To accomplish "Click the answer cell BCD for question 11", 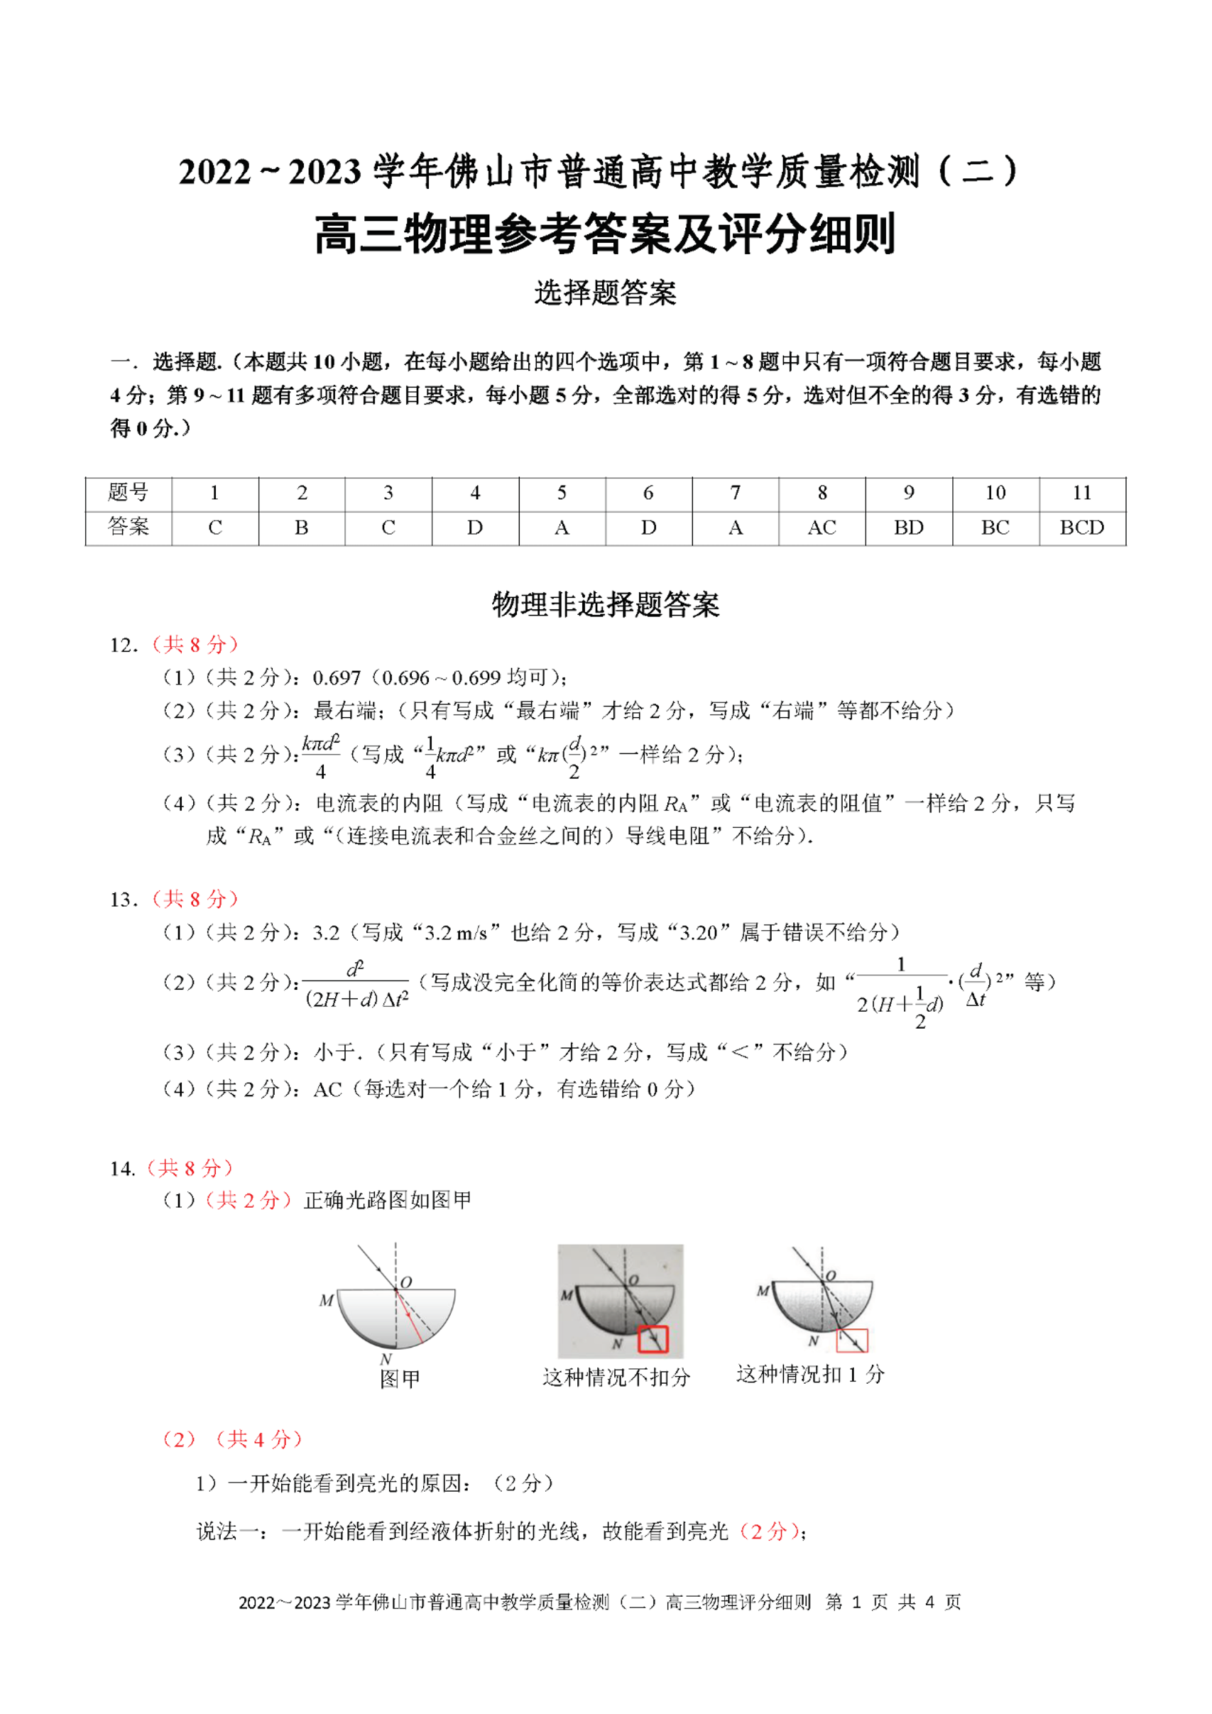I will tap(1081, 528).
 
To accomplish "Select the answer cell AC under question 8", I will tap(821, 528).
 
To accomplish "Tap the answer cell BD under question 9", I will tap(908, 528).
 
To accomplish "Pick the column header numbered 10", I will tap(995, 493).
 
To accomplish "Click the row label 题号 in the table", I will tap(129, 493).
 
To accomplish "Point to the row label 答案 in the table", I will tap(129, 527).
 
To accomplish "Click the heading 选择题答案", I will tap(605, 293).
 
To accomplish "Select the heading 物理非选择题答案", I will tap(605, 605).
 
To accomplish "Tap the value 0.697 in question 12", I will tap(337, 678).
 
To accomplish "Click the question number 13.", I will tap(123, 900).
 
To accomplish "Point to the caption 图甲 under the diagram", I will tap(400, 1379).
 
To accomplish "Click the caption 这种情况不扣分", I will tap(616, 1377).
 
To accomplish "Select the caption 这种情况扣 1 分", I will tap(811, 1375).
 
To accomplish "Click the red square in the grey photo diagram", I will tap(653, 1340).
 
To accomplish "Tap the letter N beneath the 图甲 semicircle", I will tap(386, 1360).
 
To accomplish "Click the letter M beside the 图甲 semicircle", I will tap(326, 1301).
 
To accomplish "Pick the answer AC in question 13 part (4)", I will tap(327, 1090).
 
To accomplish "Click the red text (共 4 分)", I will tap(258, 1439).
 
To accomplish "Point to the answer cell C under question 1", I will tap(215, 528).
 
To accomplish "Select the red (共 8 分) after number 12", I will tap(195, 645).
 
